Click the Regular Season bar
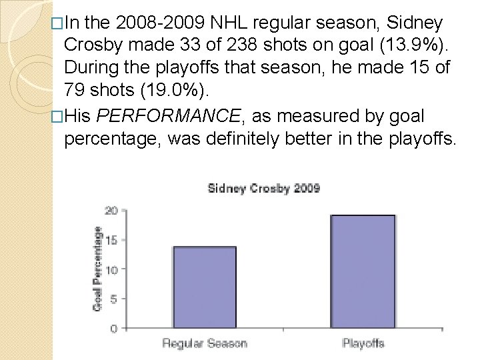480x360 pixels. click(x=204, y=287)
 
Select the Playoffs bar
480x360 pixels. click(x=363, y=271)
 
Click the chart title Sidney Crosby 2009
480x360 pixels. click(x=263, y=188)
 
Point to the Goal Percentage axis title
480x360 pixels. click(x=97, y=267)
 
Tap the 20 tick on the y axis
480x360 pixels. click(x=111, y=211)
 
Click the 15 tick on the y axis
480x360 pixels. click(x=111, y=240)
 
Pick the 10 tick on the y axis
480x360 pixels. click(x=111, y=269)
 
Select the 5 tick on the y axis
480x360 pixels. click(x=114, y=299)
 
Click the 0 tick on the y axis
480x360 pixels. click(x=114, y=328)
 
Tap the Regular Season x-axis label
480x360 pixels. click(x=204, y=344)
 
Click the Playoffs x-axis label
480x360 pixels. click(x=363, y=344)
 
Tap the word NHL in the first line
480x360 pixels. click(x=228, y=23)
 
